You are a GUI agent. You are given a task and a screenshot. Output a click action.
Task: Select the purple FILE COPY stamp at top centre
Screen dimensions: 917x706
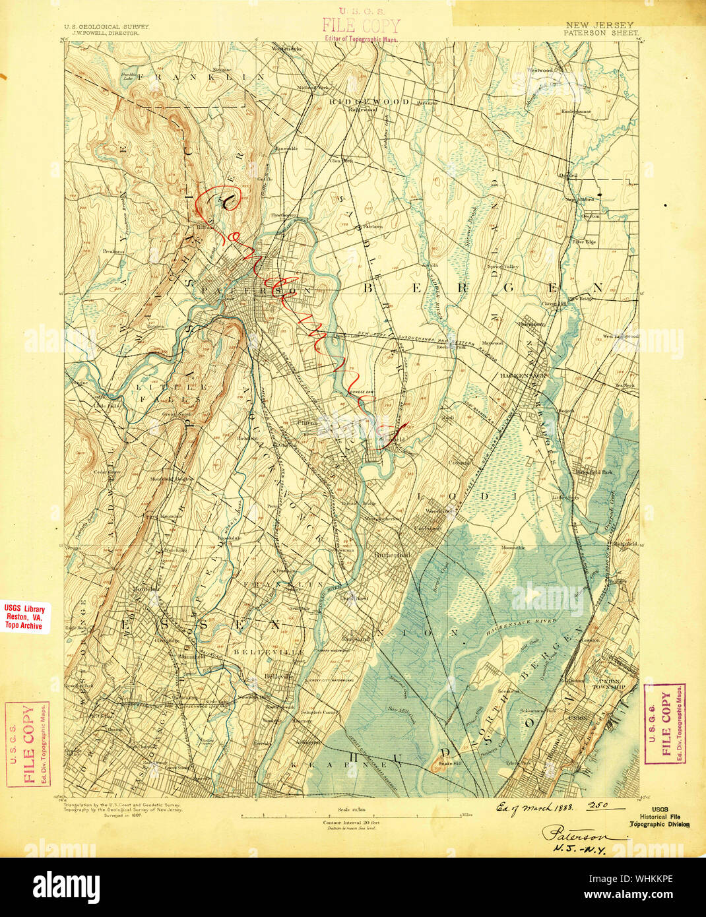(x=360, y=26)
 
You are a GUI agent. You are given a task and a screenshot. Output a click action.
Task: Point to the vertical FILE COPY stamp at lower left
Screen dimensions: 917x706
(x=27, y=744)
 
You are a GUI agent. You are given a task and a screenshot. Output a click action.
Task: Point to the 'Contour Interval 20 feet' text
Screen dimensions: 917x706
(x=350, y=823)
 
